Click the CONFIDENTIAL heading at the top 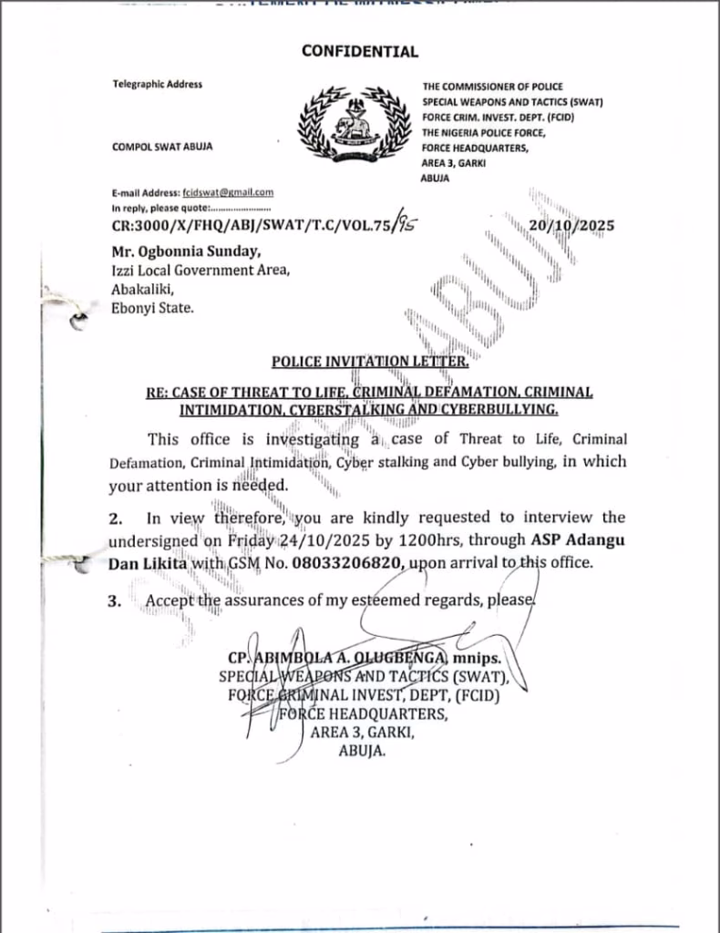pos(360,52)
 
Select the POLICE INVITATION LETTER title pos(370,363)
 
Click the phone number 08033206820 pos(353,563)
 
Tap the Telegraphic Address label pos(158,85)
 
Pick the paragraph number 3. pos(115,601)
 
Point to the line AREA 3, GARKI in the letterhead pos(455,162)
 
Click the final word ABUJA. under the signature pos(362,752)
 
